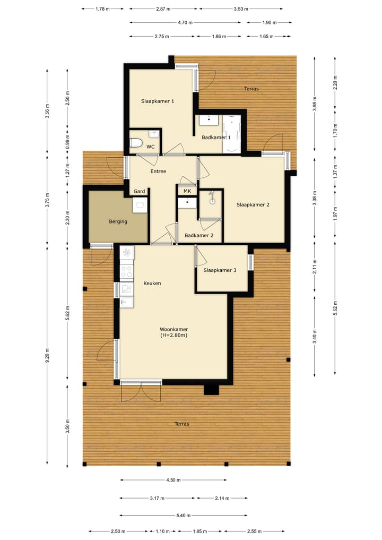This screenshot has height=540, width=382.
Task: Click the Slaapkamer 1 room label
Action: click(x=158, y=101)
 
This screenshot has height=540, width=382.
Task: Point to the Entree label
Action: click(x=158, y=172)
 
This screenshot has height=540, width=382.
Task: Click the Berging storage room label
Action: click(x=118, y=221)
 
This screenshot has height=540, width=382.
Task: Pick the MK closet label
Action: click(x=187, y=191)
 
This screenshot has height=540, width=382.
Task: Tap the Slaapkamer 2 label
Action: click(x=253, y=204)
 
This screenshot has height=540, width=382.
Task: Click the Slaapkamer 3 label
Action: click(x=220, y=270)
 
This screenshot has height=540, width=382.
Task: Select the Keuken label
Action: click(x=152, y=284)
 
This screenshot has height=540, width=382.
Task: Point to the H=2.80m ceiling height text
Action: click(x=173, y=336)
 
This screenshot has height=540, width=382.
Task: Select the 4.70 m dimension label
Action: click(x=185, y=22)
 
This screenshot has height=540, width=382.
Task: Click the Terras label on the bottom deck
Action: click(x=181, y=424)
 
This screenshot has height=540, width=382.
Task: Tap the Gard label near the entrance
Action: click(x=140, y=191)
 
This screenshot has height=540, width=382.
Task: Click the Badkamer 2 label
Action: click(x=199, y=235)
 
